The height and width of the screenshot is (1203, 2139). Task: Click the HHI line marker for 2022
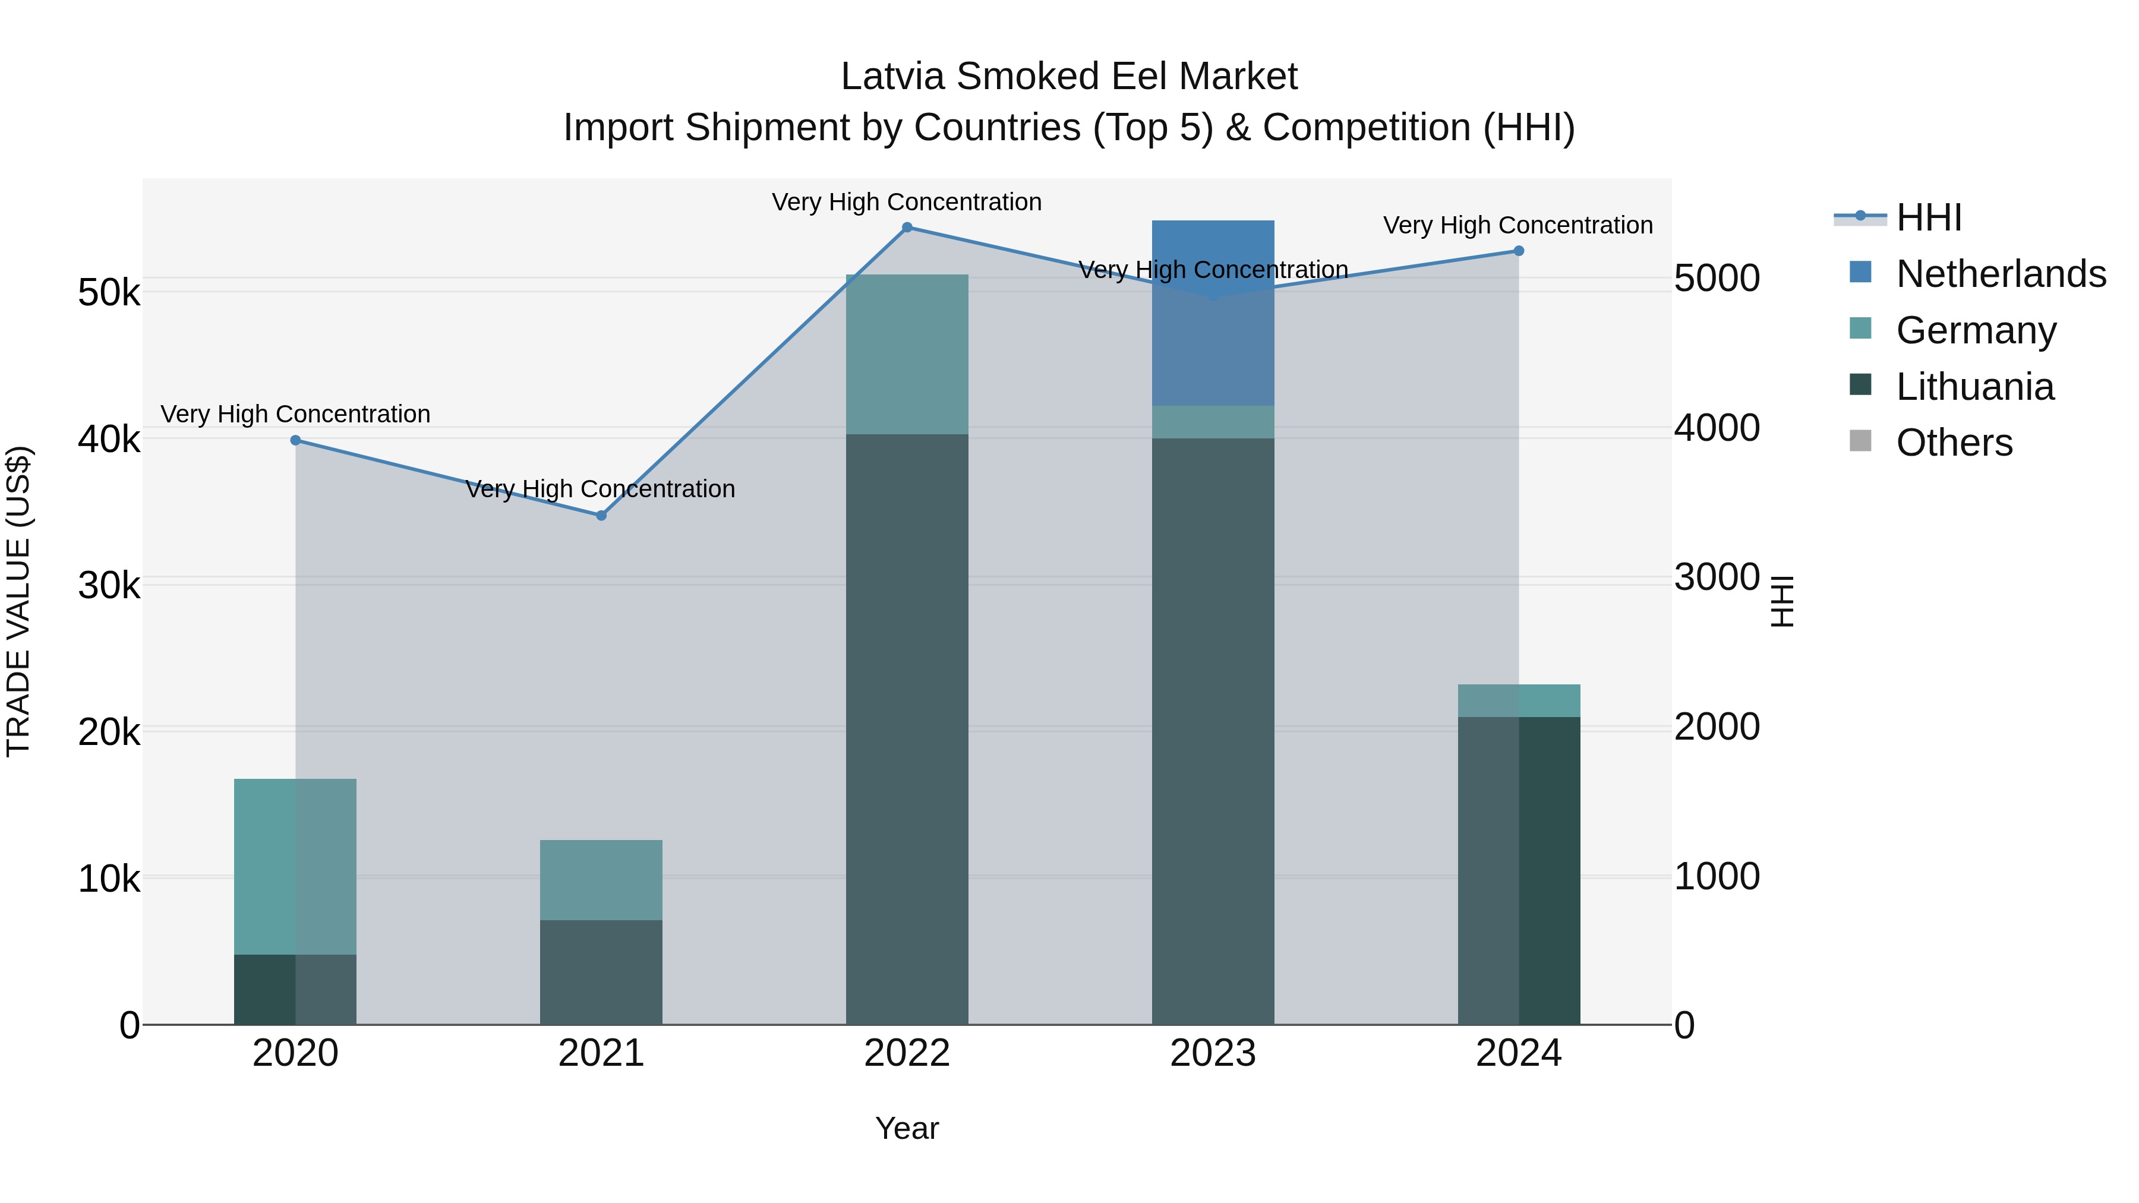click(907, 228)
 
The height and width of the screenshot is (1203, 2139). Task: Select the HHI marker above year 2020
click(296, 440)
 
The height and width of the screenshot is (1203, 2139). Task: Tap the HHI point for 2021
click(601, 516)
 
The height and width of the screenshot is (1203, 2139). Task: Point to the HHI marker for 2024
click(1519, 251)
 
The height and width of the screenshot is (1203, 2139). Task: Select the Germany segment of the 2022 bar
click(907, 355)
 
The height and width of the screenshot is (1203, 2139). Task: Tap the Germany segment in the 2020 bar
click(296, 866)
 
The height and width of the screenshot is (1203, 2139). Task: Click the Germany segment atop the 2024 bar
click(1519, 701)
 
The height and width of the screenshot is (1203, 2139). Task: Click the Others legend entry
click(1954, 443)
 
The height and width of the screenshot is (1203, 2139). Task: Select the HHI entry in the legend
click(1928, 217)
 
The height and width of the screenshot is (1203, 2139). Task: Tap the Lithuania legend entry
click(1974, 387)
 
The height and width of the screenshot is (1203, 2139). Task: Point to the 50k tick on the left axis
click(109, 293)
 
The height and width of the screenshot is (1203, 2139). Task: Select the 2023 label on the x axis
click(1212, 1053)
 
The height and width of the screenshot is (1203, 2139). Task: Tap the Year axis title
click(907, 1128)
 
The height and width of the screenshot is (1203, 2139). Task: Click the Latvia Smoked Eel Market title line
click(1069, 77)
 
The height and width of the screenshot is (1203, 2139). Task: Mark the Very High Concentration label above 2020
click(296, 413)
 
